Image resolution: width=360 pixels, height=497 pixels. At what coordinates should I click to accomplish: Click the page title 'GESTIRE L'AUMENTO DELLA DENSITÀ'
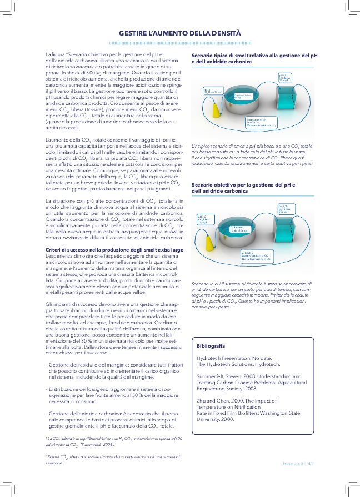(x=180, y=33)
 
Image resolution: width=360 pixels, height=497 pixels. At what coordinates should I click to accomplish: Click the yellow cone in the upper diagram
(x=213, y=106)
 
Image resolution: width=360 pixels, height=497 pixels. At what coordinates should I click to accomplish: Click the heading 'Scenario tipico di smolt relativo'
(x=250, y=56)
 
